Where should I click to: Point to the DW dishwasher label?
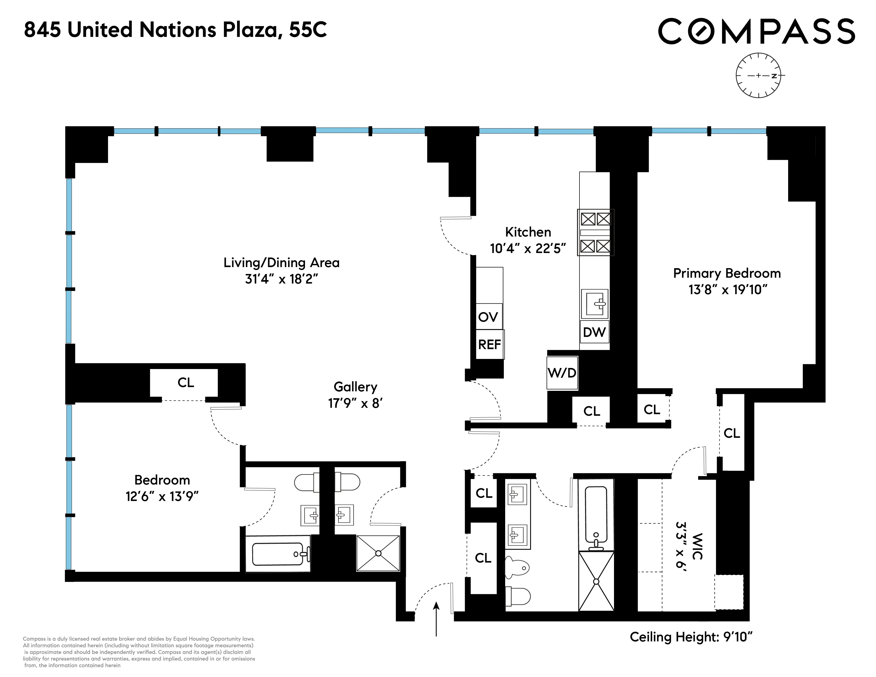[x=594, y=332]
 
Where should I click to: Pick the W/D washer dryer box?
[x=562, y=373]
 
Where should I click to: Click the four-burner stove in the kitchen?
[x=596, y=233]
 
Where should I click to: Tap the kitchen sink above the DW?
[x=595, y=304]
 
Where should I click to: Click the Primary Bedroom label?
[x=727, y=273]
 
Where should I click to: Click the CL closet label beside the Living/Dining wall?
[x=186, y=383]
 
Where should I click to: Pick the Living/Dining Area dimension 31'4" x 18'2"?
[x=282, y=279]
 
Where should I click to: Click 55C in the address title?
[x=308, y=30]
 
